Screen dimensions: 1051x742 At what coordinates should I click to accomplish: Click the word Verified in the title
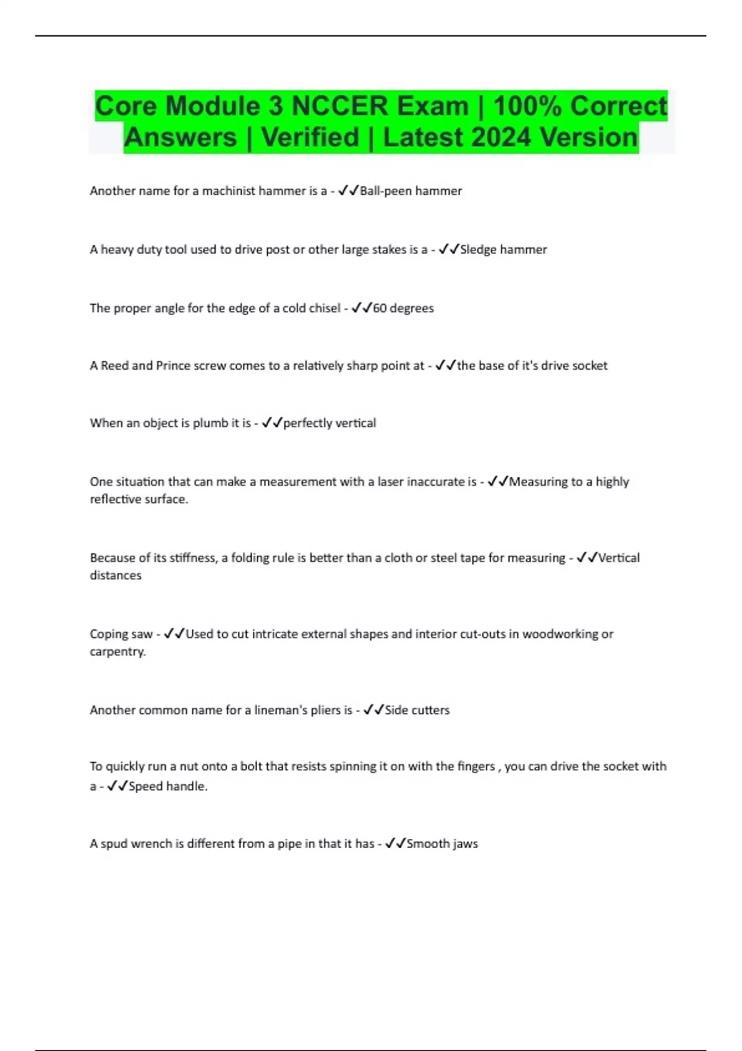click(x=310, y=137)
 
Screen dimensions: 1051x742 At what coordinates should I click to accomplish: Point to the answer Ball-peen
click(x=385, y=191)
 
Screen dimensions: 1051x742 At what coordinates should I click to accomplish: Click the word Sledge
click(x=478, y=250)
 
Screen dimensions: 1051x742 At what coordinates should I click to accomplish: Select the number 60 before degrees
click(x=380, y=308)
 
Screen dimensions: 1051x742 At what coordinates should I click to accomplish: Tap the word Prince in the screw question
click(x=173, y=366)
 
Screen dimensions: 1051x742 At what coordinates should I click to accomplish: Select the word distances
click(x=116, y=576)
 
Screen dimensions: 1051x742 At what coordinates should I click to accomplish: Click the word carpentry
click(x=117, y=652)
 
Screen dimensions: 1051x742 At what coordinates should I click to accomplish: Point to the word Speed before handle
click(x=145, y=786)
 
